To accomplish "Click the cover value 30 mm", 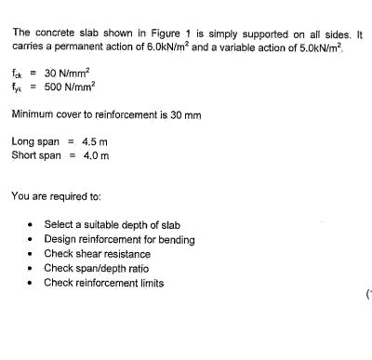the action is [x=181, y=114].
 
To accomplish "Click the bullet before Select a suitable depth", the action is [x=33, y=226].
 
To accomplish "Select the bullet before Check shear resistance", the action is [x=33, y=254].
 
